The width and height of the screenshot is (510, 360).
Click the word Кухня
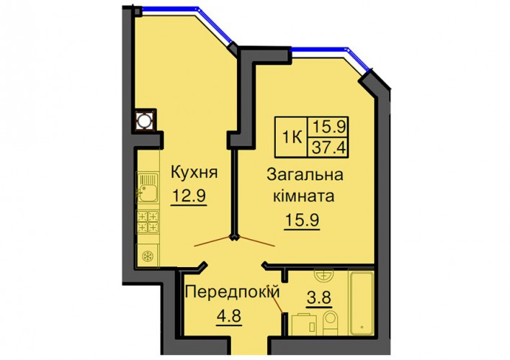pos(194,172)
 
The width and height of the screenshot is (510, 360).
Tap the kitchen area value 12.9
pos(189,196)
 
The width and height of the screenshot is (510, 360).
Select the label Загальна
pos(305,175)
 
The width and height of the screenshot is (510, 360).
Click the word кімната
pos(303,197)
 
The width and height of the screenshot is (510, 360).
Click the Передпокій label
pos(232,292)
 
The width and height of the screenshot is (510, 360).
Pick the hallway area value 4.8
pos(230,315)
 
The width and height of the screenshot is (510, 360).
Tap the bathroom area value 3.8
pos(319,297)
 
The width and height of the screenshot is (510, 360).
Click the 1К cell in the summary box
pos(292,138)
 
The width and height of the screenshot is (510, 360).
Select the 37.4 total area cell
pos(328,148)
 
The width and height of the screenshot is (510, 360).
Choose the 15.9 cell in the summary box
pos(328,127)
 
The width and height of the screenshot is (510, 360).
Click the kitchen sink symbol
pos(148,189)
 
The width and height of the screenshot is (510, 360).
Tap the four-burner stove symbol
pos(148,222)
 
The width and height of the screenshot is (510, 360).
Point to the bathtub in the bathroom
pos(361,302)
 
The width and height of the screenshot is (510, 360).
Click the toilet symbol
pos(331,322)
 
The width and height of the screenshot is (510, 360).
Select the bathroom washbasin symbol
pos(324,275)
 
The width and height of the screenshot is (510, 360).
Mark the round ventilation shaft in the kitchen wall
pos(143,120)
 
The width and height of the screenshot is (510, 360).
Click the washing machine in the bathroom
pos(304,324)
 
